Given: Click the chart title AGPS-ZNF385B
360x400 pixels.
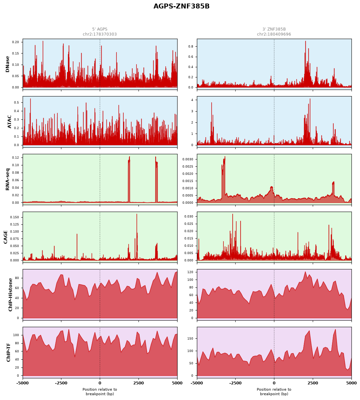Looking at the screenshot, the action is click(181, 6).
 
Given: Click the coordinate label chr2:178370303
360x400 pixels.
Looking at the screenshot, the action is click(100, 34).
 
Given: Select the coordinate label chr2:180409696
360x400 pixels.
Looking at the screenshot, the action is click(274, 34).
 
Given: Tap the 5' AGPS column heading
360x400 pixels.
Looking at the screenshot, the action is click(100, 29).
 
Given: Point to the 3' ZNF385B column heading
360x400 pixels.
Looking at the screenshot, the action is click(274, 29).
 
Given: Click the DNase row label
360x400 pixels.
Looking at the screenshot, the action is click(7, 64).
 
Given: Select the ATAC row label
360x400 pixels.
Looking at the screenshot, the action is click(9, 122).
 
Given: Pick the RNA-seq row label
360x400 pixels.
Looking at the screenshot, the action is click(7, 179).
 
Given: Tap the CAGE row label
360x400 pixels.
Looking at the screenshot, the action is click(5, 237).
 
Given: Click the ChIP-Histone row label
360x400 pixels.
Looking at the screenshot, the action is click(11, 295).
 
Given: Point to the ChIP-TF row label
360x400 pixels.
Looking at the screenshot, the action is click(9, 352).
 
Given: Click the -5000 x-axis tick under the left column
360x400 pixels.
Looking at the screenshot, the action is click(23, 383).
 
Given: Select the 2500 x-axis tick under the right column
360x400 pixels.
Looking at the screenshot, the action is click(312, 383).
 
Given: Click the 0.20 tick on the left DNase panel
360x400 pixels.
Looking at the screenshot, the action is click(15, 42).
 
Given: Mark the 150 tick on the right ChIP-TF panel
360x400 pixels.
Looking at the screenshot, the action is click(190, 338).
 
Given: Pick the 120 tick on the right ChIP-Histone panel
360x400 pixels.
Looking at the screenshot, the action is click(190, 272).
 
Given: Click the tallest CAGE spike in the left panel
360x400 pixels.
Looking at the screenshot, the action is click(137, 214).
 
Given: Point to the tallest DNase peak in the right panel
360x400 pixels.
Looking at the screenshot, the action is click(305, 41).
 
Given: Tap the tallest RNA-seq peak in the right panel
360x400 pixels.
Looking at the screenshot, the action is click(225, 157).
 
